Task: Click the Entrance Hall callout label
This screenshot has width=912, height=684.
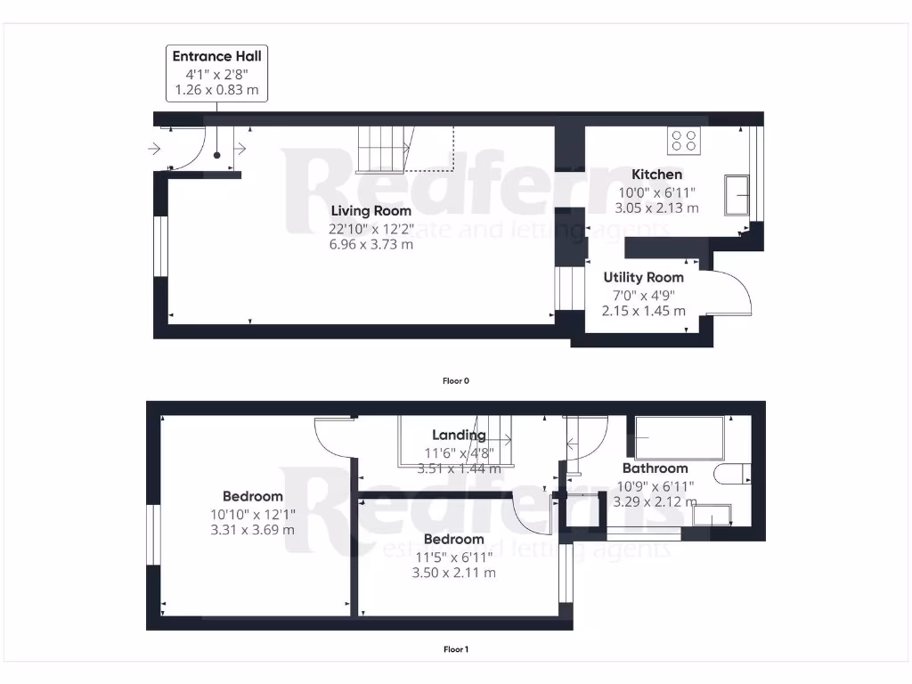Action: coord(217,73)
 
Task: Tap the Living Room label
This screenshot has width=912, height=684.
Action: coord(371,211)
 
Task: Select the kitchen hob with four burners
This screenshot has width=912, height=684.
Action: coord(684,140)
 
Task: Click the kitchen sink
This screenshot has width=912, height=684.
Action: coord(737,196)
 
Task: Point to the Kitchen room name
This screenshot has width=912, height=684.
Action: coord(656,175)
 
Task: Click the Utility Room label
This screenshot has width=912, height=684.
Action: coord(643,277)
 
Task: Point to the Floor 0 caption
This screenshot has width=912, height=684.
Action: coord(455,380)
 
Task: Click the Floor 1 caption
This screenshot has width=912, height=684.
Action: coord(455,649)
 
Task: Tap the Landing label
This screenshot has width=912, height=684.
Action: coord(459,435)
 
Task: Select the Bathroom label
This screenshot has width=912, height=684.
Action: coord(655,468)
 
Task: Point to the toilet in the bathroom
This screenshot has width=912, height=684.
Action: coord(732,475)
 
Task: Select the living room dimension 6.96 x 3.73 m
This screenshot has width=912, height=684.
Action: coord(371,244)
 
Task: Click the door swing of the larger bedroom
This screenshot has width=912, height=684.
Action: coord(334,436)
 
